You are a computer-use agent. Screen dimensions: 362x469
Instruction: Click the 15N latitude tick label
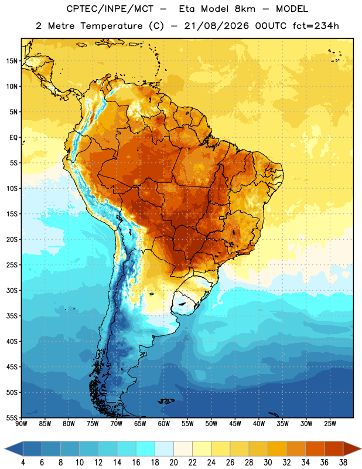(12, 61)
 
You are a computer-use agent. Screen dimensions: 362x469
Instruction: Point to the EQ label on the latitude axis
(13, 138)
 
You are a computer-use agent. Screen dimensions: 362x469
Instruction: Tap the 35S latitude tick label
(12, 316)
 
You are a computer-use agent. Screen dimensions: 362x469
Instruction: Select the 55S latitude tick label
(12, 417)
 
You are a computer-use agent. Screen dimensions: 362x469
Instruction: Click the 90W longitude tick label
(21, 424)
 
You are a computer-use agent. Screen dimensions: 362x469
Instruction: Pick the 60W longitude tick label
(164, 424)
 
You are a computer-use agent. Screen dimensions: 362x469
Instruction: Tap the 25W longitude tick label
(330, 424)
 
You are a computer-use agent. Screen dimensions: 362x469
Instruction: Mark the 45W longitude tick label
(235, 424)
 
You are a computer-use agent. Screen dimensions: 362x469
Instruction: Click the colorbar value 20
(173, 463)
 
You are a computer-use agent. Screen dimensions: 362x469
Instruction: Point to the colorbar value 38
(343, 463)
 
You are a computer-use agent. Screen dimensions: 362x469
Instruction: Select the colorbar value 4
(23, 463)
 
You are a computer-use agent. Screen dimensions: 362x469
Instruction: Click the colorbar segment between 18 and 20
(165, 448)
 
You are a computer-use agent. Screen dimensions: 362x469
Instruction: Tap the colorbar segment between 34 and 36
(315, 448)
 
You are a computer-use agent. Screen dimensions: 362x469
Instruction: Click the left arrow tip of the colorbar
(5, 448)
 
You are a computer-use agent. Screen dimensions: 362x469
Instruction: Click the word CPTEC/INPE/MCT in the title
(110, 9)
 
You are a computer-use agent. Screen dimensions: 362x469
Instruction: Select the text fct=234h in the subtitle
(316, 26)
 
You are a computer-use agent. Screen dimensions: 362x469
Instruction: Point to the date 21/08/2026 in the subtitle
(216, 26)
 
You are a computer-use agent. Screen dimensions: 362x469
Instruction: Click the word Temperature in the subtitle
(111, 26)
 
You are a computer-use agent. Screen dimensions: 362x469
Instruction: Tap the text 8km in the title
(245, 9)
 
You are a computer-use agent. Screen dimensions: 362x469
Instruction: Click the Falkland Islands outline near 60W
(166, 401)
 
